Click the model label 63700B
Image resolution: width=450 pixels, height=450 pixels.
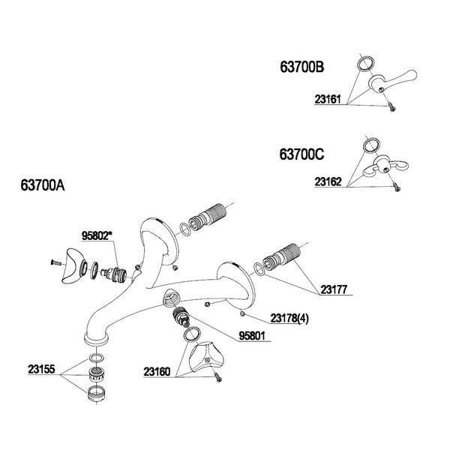pos(302,67)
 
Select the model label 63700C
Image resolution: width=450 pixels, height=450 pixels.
pos(302,154)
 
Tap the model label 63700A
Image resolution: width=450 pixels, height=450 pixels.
pos(43,185)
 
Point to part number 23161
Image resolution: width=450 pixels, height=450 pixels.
pos(328,99)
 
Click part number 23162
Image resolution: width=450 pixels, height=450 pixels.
pos(328,181)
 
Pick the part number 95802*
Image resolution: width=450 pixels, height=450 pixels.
pos(97,236)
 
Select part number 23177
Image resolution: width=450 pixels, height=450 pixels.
pos(334,289)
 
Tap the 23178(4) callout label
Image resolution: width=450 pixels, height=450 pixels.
pos(289,318)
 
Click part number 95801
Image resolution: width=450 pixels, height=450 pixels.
pos(252,336)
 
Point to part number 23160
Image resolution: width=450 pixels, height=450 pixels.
pos(157,372)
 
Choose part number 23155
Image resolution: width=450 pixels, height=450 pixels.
pos(41,369)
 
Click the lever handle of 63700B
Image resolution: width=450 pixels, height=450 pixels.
pos(392,80)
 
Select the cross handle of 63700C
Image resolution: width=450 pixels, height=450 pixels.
pos(385,168)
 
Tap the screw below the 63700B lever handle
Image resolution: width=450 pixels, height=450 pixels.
pos(391,107)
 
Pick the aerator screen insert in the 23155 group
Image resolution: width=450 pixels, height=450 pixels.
pos(97,374)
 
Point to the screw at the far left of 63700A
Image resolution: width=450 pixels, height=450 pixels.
pos(56,262)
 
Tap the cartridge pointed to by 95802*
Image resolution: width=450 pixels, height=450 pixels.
pos(114,273)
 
